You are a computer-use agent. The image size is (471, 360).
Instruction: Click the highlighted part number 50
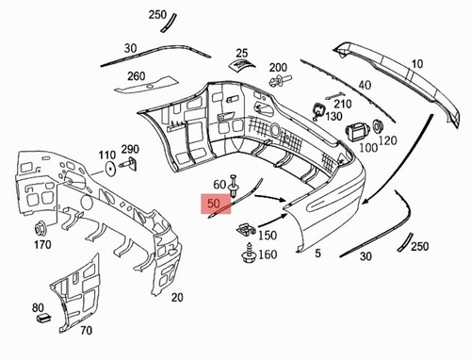[214, 204]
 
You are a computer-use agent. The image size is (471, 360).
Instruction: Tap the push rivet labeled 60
[233, 186]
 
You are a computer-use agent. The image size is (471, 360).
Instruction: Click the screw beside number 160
[249, 253]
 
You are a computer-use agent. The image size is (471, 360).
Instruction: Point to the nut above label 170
[41, 228]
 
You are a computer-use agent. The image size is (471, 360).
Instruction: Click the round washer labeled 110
[110, 169]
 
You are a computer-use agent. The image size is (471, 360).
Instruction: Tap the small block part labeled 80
[43, 318]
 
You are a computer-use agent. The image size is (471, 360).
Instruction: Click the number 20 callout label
[177, 297]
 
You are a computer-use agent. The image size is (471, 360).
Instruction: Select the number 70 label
[87, 331]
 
